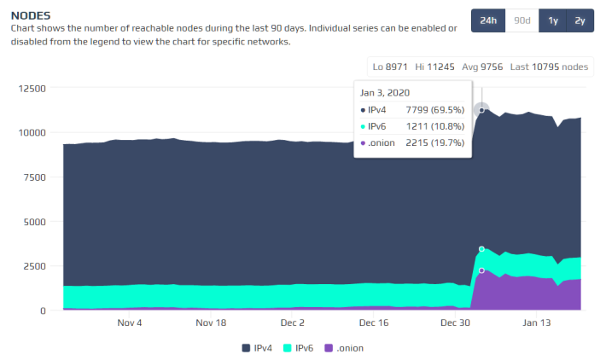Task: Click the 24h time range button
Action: pos(488,20)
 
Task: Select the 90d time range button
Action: pos(522,20)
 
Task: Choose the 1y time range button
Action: pos(553,20)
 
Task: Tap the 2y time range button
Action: pos(580,20)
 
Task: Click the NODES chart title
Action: pos(31,15)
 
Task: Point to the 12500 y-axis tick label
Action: pos(32,89)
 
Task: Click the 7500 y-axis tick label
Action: pos(34,177)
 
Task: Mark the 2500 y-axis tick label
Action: pos(34,266)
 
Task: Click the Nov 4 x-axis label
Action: pos(130,322)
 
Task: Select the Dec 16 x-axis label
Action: pos(374,322)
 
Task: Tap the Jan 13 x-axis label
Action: pos(536,322)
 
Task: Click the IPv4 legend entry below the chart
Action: pos(257,348)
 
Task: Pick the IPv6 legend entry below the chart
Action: pos(298,348)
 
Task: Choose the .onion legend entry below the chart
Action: pos(344,348)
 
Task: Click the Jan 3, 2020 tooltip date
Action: pos(385,93)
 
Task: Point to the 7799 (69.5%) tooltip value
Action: pos(434,110)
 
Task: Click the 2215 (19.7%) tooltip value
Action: pos(434,142)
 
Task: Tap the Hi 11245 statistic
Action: pos(434,67)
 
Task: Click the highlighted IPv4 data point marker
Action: pos(481,110)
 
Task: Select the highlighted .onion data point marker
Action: pos(481,270)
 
